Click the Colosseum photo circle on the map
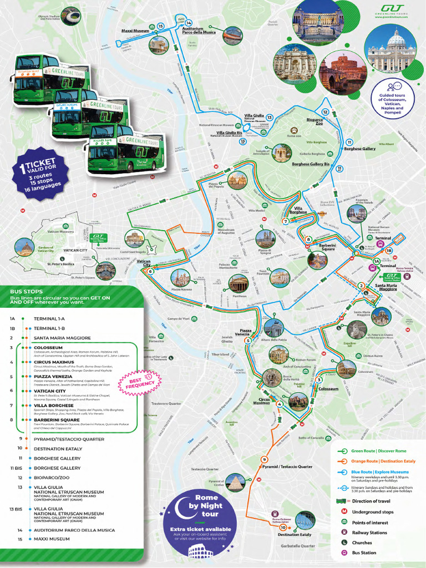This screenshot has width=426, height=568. coord(346,368)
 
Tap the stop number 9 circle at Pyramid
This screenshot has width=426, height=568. coord(265,459)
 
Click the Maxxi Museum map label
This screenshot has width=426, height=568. coord(135,31)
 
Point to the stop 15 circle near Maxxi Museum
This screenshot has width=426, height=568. coord(160,26)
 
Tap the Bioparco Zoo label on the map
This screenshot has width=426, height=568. coord(315,121)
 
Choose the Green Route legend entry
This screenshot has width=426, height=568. coord(373,451)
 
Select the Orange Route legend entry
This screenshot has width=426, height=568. coord(376,461)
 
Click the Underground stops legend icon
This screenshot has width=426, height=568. coord(344,512)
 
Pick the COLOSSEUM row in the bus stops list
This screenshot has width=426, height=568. coord(47,348)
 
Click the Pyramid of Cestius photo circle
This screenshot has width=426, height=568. coord(235,482)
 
